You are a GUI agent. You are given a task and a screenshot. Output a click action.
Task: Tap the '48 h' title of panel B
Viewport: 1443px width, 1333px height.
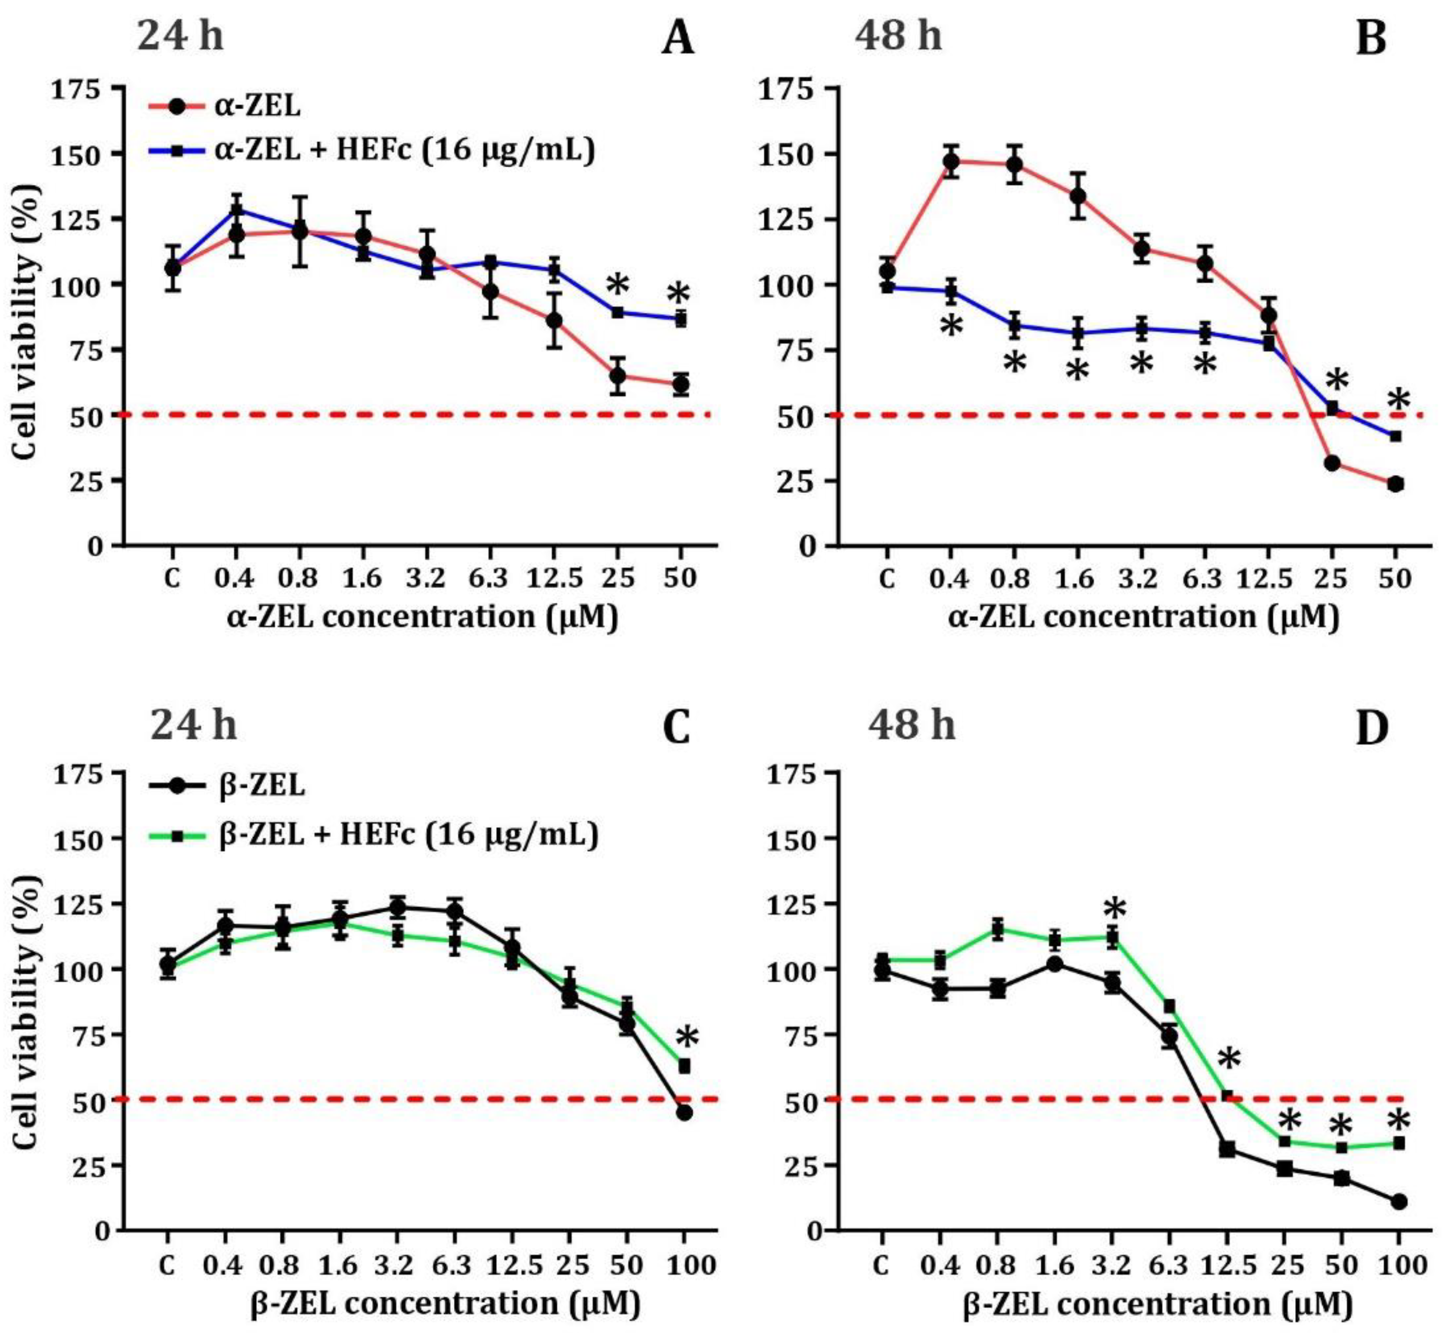click(898, 35)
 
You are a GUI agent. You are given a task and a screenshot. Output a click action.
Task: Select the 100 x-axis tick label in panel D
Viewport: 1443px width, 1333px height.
click(1398, 1265)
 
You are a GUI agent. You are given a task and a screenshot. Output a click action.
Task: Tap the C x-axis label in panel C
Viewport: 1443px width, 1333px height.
click(167, 1265)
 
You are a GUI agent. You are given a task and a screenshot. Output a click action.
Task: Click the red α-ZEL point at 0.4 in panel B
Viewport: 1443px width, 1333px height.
click(951, 161)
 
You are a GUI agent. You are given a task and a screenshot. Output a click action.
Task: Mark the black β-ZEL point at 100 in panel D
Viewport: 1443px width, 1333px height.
click(1398, 1202)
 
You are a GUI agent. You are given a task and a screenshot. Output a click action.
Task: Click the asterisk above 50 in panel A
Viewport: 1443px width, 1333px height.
click(678, 293)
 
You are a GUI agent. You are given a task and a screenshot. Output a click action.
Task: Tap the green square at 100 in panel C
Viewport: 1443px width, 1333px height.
click(684, 1065)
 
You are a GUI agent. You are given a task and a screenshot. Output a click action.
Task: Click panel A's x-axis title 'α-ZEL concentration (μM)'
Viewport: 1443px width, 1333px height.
click(423, 618)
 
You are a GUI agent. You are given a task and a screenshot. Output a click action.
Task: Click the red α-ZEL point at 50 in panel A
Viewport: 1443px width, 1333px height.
click(680, 385)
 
